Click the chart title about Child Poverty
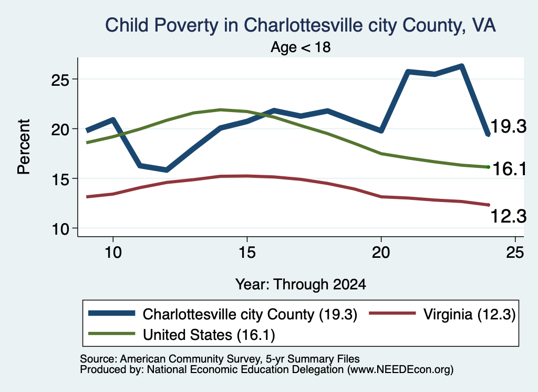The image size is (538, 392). click(300, 25)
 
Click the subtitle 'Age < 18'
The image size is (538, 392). click(301, 47)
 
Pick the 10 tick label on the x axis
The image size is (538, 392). click(113, 253)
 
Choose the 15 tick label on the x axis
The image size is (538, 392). click(247, 253)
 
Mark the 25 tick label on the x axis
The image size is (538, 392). click(515, 253)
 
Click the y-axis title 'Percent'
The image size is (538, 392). click(24, 147)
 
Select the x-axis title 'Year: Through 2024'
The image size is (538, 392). click(301, 285)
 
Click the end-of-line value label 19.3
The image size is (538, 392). click(509, 126)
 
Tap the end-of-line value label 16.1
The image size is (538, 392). click(509, 169)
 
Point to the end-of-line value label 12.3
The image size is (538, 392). click(509, 216)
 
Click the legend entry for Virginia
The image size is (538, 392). click(442, 314)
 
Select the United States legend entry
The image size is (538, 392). click(182, 335)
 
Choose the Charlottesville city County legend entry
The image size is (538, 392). click(223, 314)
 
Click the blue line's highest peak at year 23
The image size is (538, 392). click(461, 66)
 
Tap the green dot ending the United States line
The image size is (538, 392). click(488, 167)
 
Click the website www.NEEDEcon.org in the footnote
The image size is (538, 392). click(400, 370)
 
